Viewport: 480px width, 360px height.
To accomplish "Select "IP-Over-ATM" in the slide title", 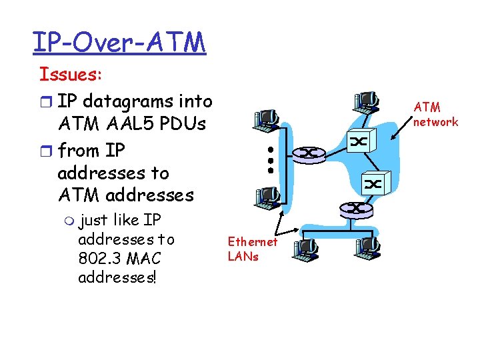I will click(119, 42).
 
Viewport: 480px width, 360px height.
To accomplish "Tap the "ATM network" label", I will click(435, 114).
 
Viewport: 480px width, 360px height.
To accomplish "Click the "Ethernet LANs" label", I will click(252, 248).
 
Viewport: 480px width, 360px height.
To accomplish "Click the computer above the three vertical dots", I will click(266, 119).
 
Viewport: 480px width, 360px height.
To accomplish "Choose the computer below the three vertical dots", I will click(266, 196).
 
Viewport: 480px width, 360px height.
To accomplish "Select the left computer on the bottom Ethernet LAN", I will click(305, 248).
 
